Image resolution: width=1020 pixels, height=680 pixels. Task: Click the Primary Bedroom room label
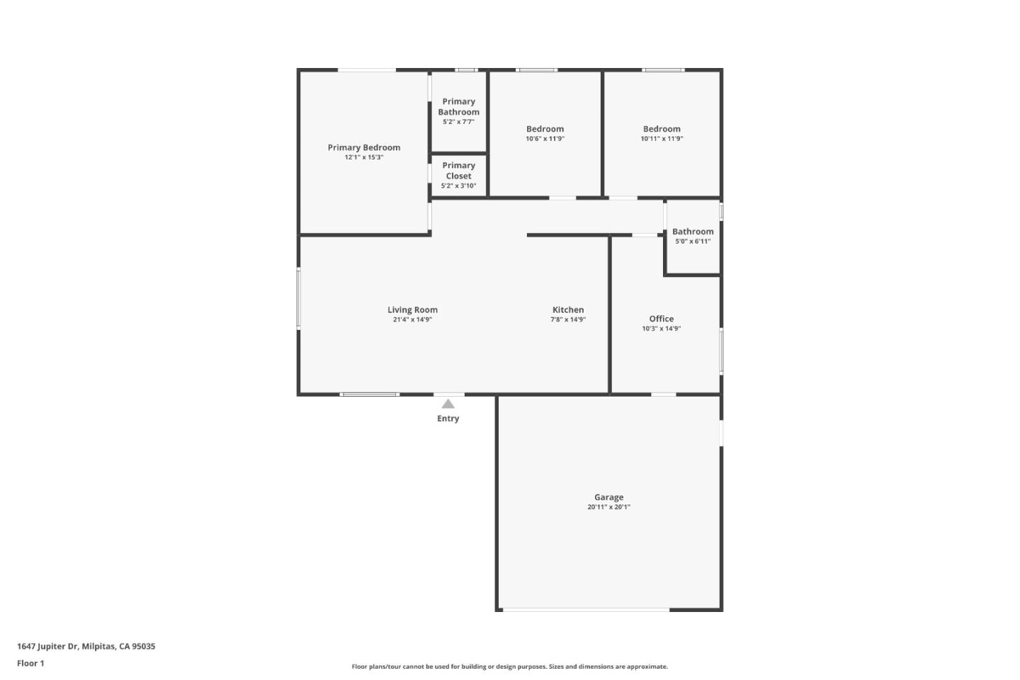(x=363, y=147)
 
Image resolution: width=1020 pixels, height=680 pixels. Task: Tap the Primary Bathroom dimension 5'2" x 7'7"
(x=458, y=122)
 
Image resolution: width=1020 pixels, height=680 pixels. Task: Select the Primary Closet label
(x=458, y=171)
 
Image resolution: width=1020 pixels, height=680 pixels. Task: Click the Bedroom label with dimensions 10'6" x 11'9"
(x=545, y=129)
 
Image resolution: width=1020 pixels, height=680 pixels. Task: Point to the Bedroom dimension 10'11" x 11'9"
(x=662, y=139)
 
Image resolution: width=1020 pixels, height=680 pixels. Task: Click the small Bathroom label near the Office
(x=693, y=232)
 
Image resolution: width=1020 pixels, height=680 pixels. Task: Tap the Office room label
(x=661, y=319)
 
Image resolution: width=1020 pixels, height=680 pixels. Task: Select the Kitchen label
(x=568, y=310)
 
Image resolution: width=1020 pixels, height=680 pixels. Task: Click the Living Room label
(x=412, y=310)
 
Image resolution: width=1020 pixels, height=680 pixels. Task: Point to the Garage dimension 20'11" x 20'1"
(x=608, y=507)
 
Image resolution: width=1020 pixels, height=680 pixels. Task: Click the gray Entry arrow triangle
(x=448, y=404)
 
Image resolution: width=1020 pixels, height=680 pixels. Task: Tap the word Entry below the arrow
(x=448, y=419)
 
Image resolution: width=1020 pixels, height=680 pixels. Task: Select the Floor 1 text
(x=30, y=664)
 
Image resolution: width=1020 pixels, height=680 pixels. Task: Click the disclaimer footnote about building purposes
(x=509, y=667)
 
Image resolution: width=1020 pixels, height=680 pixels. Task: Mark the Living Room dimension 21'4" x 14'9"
(x=412, y=319)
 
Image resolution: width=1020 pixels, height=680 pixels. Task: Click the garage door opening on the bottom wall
(x=586, y=609)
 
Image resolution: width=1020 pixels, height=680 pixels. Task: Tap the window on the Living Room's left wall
(x=299, y=298)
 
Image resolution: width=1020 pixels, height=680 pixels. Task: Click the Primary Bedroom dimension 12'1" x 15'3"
(x=363, y=157)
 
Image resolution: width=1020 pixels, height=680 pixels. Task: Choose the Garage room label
(x=608, y=497)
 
